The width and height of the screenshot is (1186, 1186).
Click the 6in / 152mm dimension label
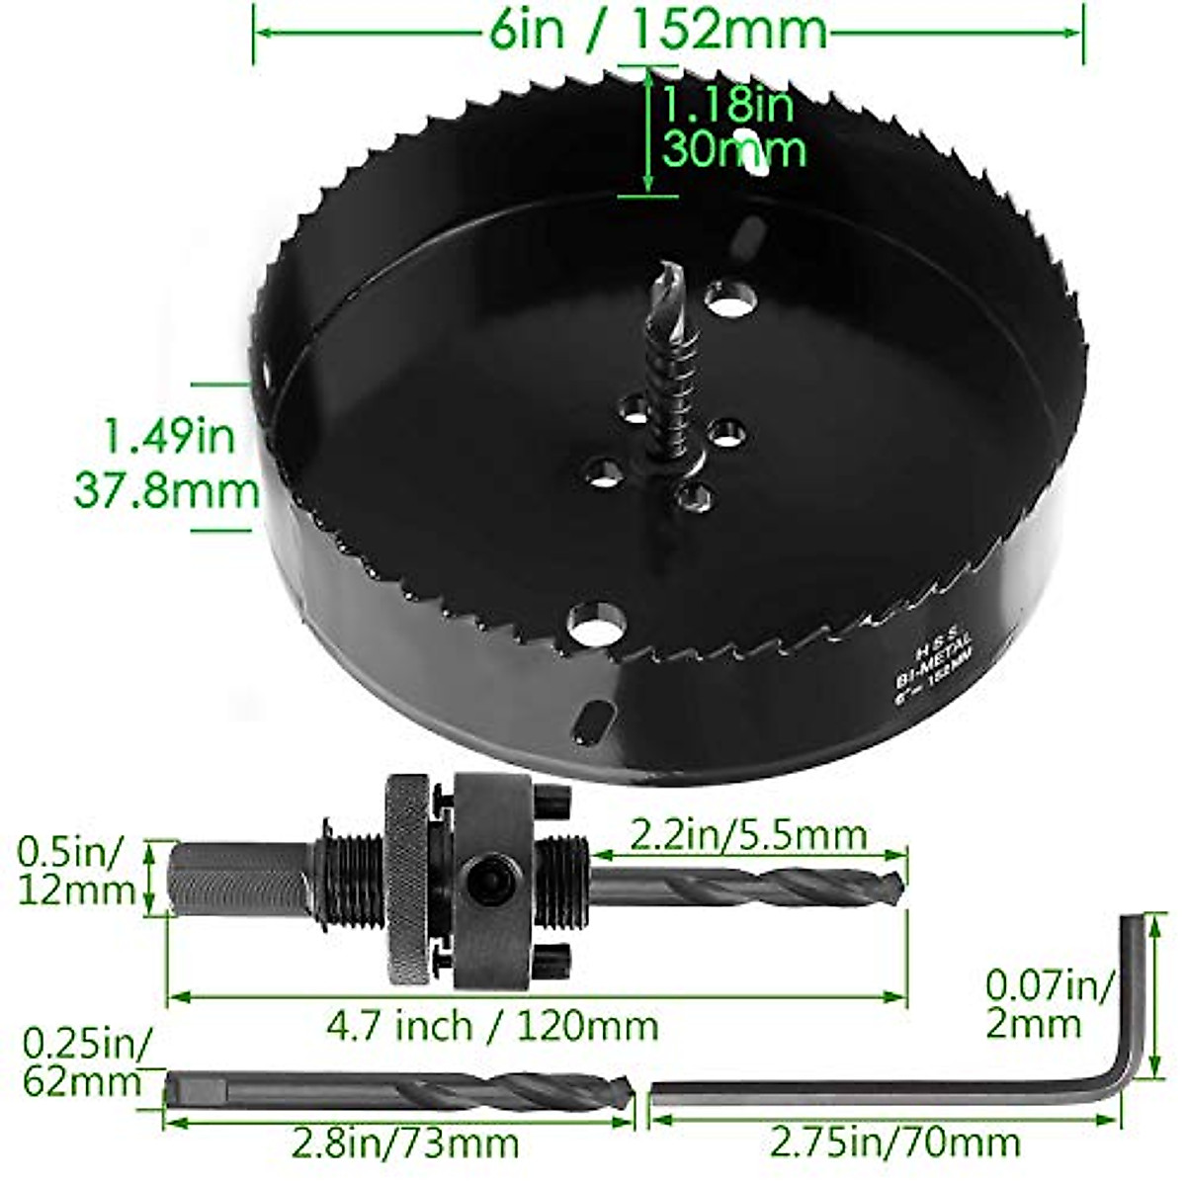(x=657, y=30)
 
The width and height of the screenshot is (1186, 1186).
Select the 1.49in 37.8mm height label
(x=168, y=463)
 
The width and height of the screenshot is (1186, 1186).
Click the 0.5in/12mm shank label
(x=75, y=870)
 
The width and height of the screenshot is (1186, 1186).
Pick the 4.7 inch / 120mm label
(x=492, y=1025)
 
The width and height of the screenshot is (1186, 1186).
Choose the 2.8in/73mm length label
(x=405, y=1144)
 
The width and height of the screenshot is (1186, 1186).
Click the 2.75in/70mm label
(x=894, y=1144)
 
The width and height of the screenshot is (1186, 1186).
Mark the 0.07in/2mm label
(x=1050, y=1003)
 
